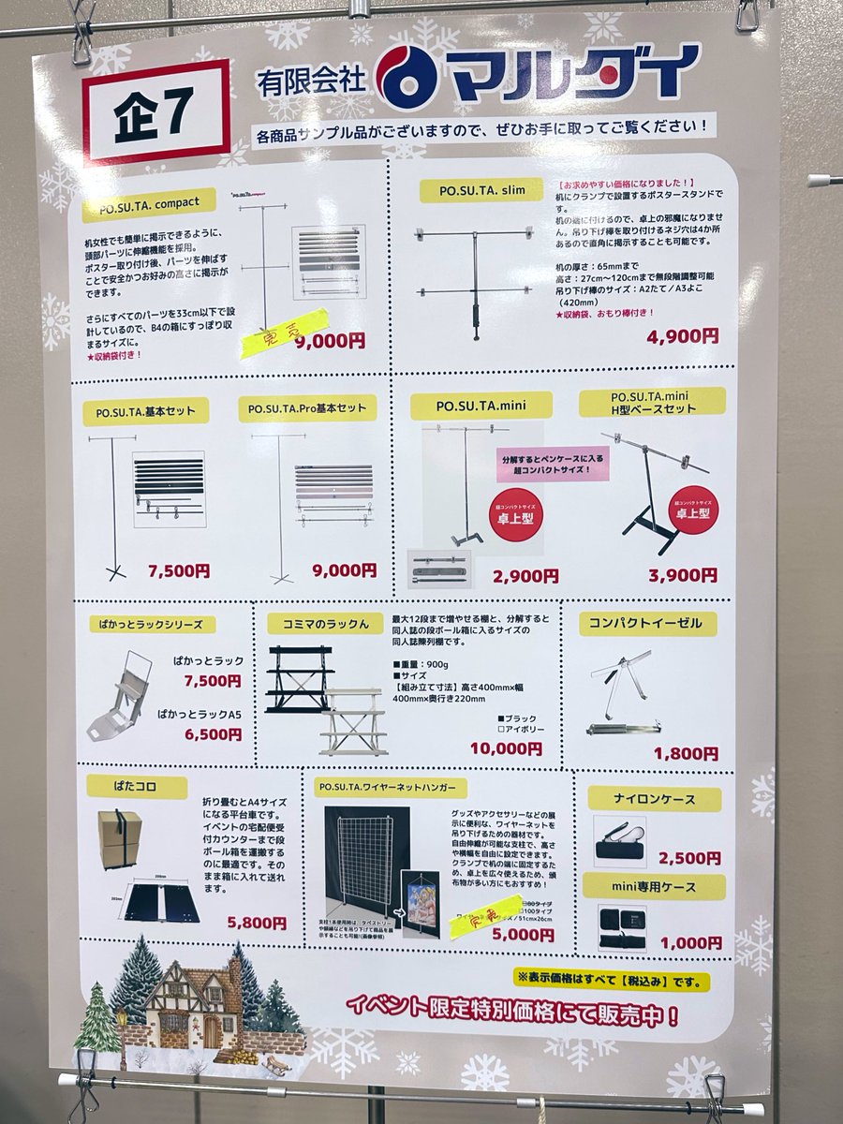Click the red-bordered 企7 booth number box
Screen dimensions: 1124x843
pyautogui.click(x=155, y=113)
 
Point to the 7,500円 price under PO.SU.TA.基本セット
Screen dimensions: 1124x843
pyautogui.click(x=179, y=570)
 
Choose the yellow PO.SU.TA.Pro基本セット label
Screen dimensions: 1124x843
pyautogui.click(x=307, y=409)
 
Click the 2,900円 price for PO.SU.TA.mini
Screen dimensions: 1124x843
pyautogui.click(x=526, y=575)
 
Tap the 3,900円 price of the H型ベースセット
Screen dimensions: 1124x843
pyautogui.click(x=683, y=575)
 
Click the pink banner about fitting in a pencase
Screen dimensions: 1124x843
pyautogui.click(x=553, y=463)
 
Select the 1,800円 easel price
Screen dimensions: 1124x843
pyautogui.click(x=686, y=752)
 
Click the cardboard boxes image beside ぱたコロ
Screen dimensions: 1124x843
pyautogui.click(x=120, y=838)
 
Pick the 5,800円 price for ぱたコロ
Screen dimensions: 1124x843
pyautogui.click(x=257, y=922)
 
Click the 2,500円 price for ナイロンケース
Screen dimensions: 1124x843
pyautogui.click(x=689, y=857)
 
